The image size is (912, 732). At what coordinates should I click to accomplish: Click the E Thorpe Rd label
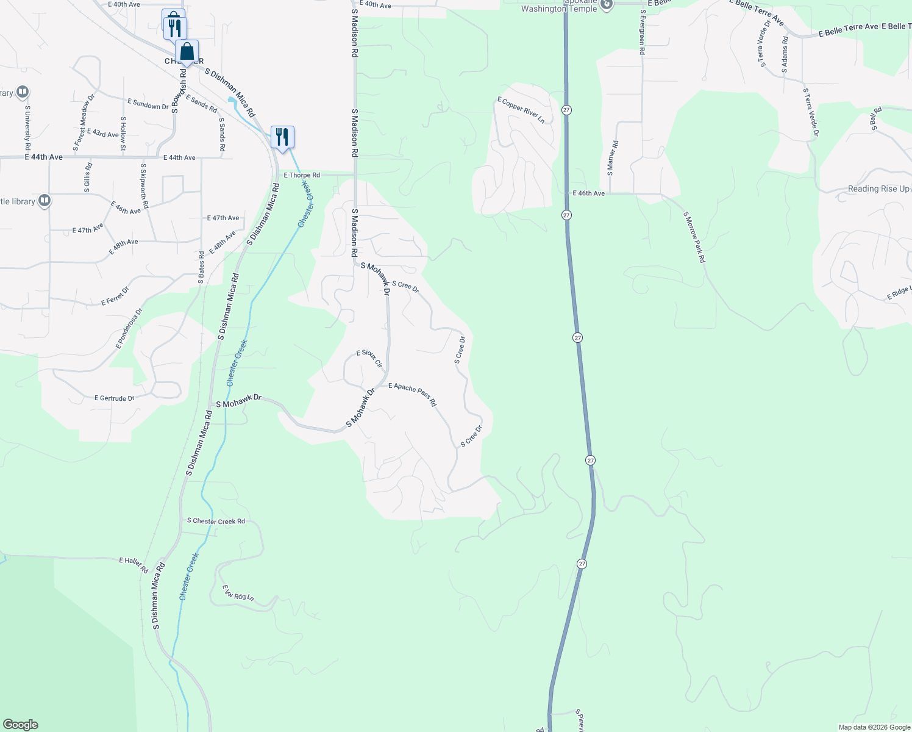coord(302,175)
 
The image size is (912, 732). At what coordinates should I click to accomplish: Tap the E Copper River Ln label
coord(521,110)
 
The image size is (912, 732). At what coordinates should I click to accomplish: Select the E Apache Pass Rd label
coord(413,395)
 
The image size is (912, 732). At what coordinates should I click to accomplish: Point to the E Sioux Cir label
coord(369,359)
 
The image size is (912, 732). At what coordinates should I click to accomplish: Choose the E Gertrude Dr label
coord(115,398)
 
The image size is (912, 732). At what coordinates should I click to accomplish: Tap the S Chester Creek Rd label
coord(216,521)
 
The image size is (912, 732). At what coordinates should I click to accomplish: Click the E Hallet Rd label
coord(134,565)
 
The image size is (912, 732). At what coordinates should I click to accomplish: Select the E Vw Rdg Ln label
coord(238,593)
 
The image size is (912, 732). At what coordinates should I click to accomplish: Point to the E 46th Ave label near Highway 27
coord(589,193)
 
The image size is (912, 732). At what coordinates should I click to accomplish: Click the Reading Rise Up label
coord(878,189)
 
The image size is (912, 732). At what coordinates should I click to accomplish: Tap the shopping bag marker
coord(187,52)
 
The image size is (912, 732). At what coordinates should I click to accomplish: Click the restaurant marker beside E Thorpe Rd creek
coord(282,136)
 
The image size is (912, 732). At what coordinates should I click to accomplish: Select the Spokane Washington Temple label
coord(559,6)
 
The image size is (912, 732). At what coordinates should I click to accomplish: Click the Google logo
coord(21,725)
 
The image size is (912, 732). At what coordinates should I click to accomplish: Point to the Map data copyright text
coord(874,727)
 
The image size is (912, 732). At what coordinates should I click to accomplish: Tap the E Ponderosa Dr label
coord(129,329)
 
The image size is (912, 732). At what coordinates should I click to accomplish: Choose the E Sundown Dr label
coord(148,104)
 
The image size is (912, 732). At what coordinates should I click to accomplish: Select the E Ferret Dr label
coord(115,296)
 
